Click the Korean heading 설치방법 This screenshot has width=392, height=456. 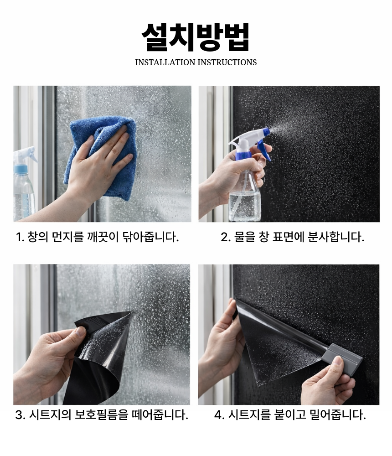(196, 37)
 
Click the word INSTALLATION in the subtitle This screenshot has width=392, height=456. (165, 62)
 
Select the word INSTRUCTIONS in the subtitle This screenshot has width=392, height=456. (227, 62)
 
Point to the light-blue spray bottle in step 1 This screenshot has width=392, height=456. (24, 183)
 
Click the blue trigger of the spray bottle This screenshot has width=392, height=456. (265, 150)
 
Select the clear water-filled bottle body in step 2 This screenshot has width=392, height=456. (245, 195)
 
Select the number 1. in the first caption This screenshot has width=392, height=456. (20, 237)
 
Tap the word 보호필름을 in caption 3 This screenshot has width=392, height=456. (102, 415)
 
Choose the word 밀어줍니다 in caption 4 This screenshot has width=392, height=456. (338, 415)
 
